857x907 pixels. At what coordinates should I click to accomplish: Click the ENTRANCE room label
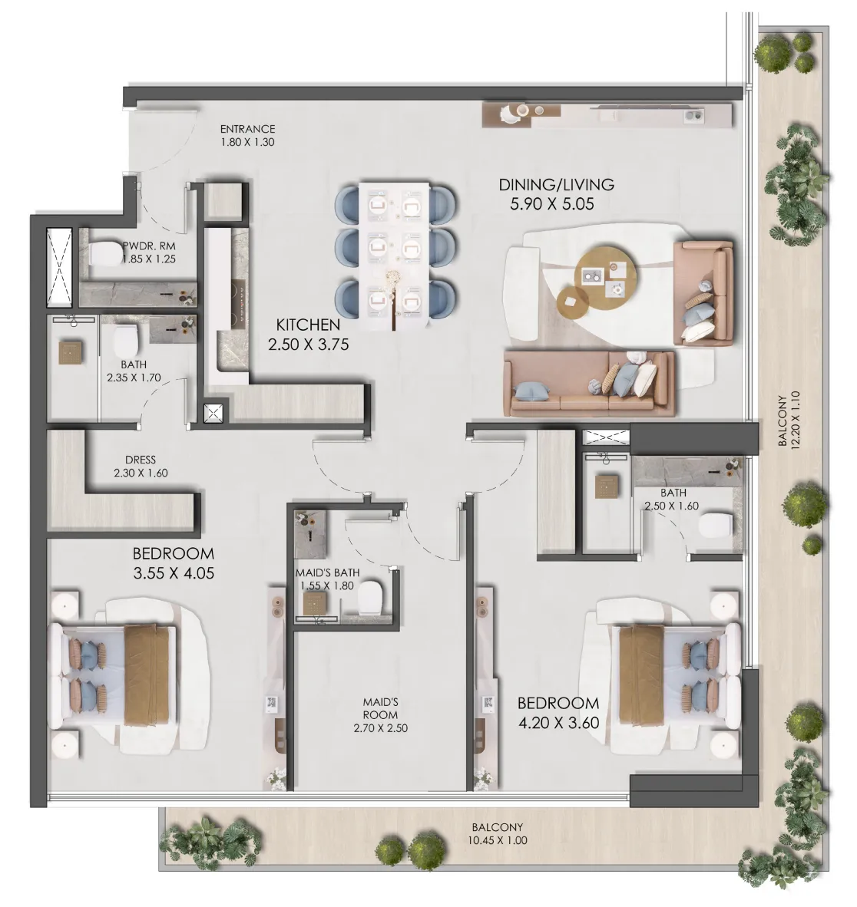coord(247,129)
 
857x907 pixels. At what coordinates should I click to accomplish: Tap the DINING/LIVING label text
coord(556,185)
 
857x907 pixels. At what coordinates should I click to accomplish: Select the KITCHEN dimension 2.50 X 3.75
coord(308,345)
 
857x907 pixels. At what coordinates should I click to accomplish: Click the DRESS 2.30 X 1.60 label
coord(140,467)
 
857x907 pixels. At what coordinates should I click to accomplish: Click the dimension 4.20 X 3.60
coord(558,722)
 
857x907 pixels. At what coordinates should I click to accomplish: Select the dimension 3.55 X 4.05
coord(173,572)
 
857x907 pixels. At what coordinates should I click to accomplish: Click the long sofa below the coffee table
coord(588,384)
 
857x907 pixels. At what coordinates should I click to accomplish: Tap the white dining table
coord(395,257)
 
